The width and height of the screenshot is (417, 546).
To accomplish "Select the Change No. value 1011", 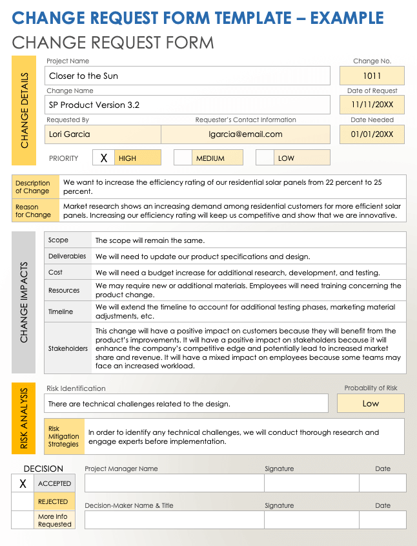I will click(x=372, y=76).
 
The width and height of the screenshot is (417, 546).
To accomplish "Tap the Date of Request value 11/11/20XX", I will click(x=372, y=105).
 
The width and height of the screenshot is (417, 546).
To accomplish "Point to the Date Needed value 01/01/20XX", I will click(x=372, y=134).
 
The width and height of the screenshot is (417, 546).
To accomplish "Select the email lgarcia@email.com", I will click(x=245, y=134).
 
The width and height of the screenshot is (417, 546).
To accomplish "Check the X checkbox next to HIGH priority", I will click(x=104, y=158).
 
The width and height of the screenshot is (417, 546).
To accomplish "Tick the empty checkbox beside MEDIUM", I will click(x=183, y=158).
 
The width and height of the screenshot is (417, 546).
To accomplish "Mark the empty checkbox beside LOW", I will click(x=265, y=158).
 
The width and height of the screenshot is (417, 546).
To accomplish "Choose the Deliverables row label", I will click(x=67, y=257).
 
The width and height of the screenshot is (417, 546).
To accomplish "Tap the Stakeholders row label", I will click(x=68, y=348).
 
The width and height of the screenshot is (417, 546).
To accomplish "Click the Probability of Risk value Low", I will click(x=371, y=403).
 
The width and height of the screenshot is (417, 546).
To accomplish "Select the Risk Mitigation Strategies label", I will click(x=64, y=436).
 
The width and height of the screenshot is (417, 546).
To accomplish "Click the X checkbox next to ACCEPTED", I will click(x=23, y=483).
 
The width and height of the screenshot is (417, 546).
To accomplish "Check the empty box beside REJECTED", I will click(x=23, y=501).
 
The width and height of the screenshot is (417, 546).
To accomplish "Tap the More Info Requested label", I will click(x=54, y=520).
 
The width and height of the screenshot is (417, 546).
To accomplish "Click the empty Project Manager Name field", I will click(x=174, y=483).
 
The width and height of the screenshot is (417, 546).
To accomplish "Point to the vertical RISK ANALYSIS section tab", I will click(x=24, y=418).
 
